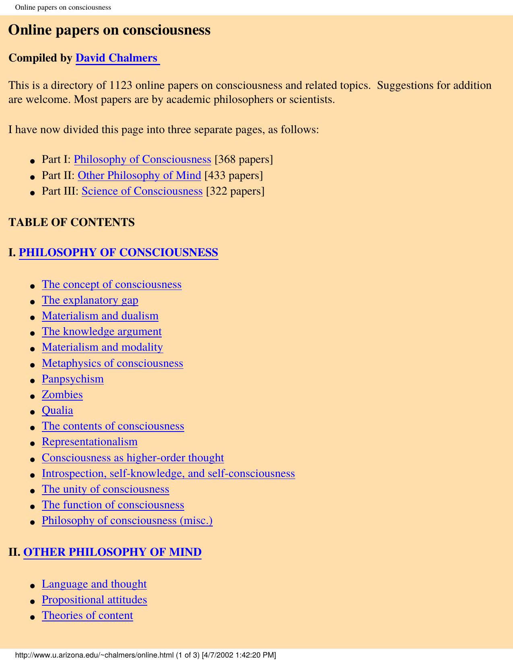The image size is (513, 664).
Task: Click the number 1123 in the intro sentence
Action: coord(121,85)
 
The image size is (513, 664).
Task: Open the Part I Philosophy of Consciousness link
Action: coord(142,159)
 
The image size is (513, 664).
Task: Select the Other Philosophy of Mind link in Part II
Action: coord(139,175)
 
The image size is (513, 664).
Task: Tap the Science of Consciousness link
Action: coord(142,191)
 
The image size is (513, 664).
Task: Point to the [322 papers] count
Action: coord(235,191)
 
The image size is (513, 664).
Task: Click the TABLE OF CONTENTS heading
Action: coord(72,222)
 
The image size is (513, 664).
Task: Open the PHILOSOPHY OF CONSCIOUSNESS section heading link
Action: coord(118,253)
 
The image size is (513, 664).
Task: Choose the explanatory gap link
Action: coord(90,300)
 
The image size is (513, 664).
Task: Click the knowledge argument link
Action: coord(102,331)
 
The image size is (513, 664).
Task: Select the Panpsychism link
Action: coord(73,379)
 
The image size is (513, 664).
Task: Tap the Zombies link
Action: coord(62,395)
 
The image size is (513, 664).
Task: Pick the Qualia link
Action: coord(58,410)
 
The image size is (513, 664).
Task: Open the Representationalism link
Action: coord(90,442)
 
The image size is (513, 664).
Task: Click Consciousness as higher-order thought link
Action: coord(133,458)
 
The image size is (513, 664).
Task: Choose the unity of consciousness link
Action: coord(105,489)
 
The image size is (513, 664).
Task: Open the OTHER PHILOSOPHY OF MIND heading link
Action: coord(112,552)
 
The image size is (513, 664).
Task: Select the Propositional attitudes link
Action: coord(95,600)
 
